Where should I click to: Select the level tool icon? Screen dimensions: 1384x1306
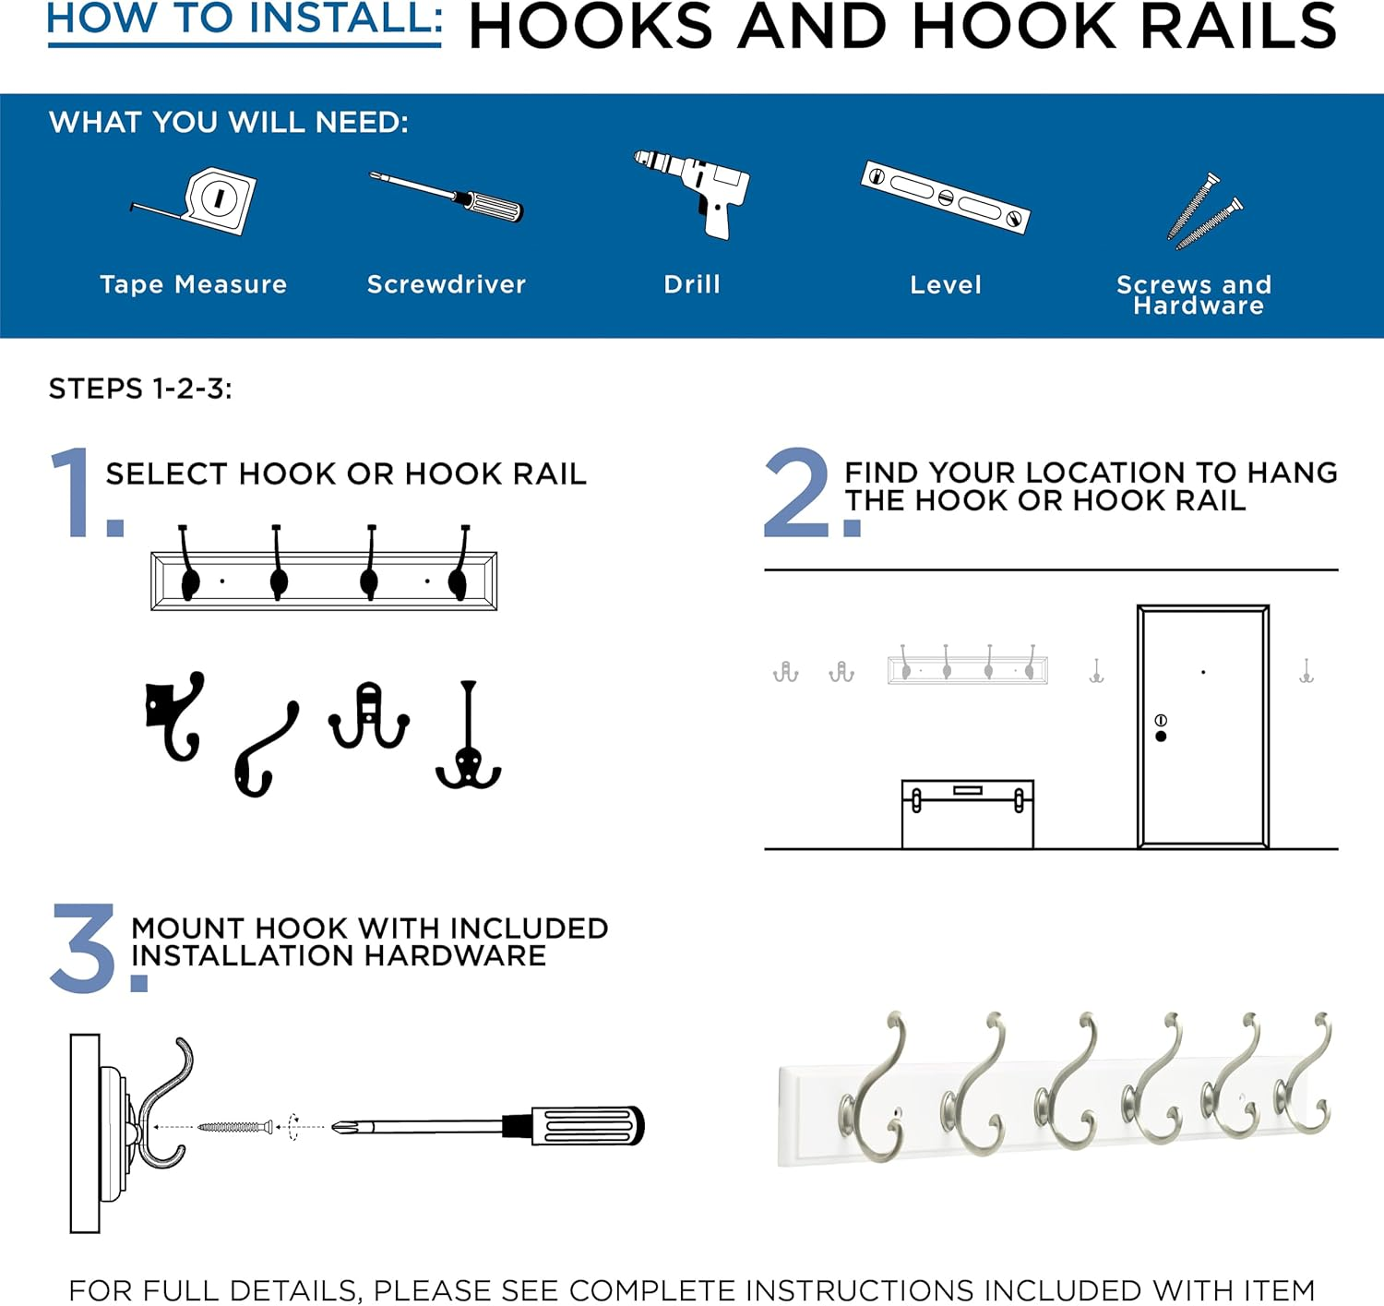pos(945,196)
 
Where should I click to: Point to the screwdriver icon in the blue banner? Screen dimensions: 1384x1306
pos(447,196)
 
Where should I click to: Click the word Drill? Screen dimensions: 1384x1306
pos(692,284)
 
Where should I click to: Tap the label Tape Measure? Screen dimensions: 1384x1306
pos(193,284)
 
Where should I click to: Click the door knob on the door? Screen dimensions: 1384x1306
pos(1161,736)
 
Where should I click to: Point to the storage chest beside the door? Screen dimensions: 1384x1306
pos(967,814)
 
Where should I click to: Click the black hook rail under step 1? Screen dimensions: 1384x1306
pos(324,580)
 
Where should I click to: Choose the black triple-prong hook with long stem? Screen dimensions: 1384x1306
pos(469,738)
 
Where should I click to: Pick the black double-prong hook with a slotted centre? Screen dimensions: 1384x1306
pos(369,716)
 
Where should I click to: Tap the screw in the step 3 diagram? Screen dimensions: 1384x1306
pos(235,1127)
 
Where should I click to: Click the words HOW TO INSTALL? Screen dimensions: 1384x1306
pos(245,18)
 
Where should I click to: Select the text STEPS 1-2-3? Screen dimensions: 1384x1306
pos(140,389)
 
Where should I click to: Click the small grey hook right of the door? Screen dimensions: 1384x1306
pos(1306,672)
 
